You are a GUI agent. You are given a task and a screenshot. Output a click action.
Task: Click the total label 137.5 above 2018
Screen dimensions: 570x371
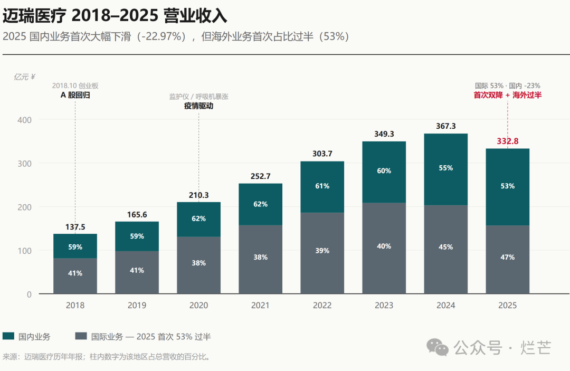(x=75, y=227)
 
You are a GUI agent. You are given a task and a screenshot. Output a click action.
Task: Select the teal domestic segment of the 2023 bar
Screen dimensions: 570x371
(x=384, y=172)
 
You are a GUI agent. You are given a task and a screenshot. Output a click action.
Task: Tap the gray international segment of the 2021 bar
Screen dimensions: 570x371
(x=260, y=259)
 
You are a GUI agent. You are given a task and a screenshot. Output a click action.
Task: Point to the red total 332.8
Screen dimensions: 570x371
(x=508, y=141)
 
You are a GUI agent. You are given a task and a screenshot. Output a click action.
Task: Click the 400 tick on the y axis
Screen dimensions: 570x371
(x=24, y=120)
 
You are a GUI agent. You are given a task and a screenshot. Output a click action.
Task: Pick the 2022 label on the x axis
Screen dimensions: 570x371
(x=322, y=305)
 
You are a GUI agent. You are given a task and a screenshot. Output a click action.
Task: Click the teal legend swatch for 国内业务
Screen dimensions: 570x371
(x=8, y=336)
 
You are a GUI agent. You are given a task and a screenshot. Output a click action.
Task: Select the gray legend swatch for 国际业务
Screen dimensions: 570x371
(x=81, y=336)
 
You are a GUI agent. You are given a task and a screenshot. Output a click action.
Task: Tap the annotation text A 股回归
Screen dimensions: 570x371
(x=75, y=95)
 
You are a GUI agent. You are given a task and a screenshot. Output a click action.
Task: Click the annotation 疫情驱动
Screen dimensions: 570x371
(x=198, y=106)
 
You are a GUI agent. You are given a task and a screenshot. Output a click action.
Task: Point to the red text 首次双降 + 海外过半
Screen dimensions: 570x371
(x=508, y=95)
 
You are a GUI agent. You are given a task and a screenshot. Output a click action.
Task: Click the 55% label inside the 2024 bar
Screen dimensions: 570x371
(x=445, y=168)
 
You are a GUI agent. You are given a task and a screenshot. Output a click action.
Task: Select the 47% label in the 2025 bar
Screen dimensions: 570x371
(x=508, y=257)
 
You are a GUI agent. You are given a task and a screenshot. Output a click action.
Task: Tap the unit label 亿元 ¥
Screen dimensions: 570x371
(x=24, y=77)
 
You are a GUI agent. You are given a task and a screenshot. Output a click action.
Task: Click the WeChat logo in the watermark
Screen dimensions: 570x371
(x=438, y=347)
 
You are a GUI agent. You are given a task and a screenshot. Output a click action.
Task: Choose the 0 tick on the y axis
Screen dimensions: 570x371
(x=29, y=294)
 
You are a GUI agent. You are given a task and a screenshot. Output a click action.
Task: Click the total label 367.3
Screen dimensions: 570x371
(x=445, y=126)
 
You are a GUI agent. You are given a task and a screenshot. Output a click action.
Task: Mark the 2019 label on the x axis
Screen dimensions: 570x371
(x=137, y=305)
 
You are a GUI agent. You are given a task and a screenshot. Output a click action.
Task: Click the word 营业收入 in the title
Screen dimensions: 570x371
(x=195, y=16)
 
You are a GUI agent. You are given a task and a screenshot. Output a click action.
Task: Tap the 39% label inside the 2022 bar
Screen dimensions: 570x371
(x=322, y=251)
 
